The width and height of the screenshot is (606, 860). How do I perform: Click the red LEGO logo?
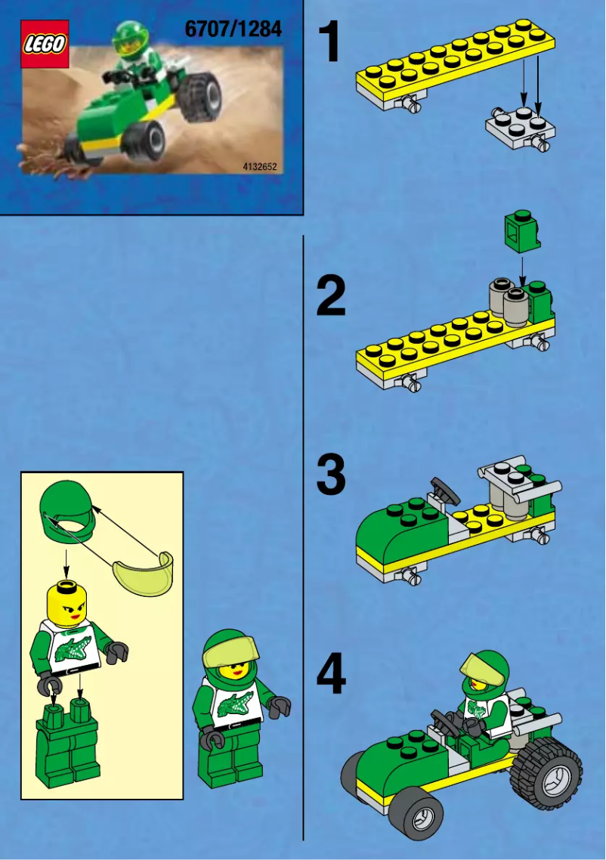click(x=45, y=44)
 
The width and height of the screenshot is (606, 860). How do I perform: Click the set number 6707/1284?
click(x=233, y=29)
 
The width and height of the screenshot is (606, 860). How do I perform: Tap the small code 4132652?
click(x=260, y=166)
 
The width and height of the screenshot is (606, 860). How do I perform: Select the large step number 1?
click(x=329, y=43)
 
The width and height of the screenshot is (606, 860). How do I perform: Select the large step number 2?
click(x=331, y=297)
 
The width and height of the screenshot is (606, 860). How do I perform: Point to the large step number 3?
click(x=331, y=475)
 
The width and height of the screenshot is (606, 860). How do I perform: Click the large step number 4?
click(x=331, y=676)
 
